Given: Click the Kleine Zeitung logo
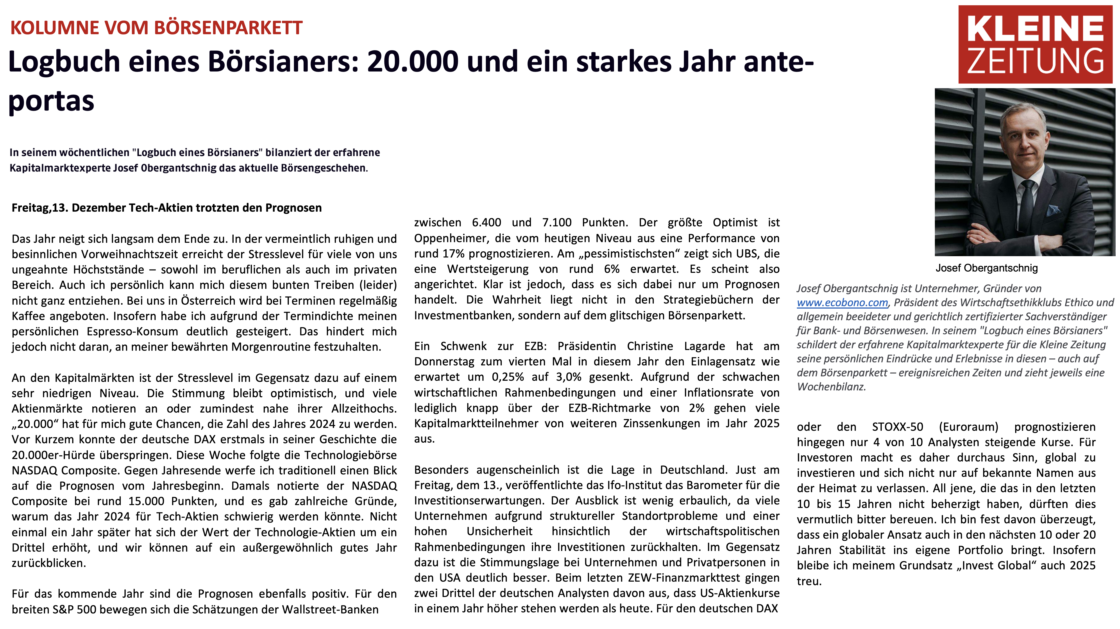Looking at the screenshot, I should coord(1035,44).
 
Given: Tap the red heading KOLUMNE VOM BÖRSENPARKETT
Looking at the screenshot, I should coord(157,28).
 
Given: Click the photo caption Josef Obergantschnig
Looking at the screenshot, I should coord(986,268).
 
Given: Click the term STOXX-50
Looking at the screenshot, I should coord(897,427).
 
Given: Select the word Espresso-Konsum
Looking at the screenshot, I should coord(132,332).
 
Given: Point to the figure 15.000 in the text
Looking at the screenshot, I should coord(146,501).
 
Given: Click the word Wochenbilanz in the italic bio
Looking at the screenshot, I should coord(831,387).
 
